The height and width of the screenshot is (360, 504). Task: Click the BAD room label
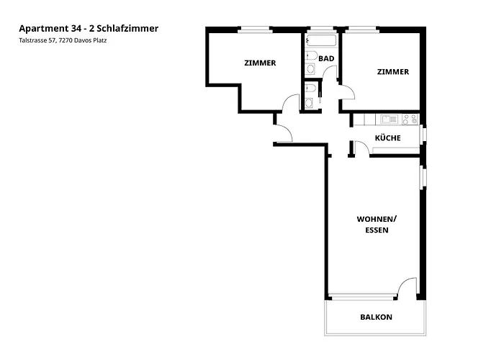(x=325, y=58)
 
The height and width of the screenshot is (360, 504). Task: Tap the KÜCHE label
(x=387, y=138)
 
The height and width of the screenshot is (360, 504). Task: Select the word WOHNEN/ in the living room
(x=377, y=219)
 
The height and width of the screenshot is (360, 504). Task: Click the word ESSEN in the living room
(x=377, y=230)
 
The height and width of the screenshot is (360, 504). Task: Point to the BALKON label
(x=376, y=317)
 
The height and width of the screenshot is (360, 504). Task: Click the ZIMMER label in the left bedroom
(x=260, y=63)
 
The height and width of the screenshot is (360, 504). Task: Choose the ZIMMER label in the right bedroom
(x=393, y=72)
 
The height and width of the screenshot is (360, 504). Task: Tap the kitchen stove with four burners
(x=390, y=119)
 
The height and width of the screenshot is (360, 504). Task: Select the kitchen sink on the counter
(x=410, y=119)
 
